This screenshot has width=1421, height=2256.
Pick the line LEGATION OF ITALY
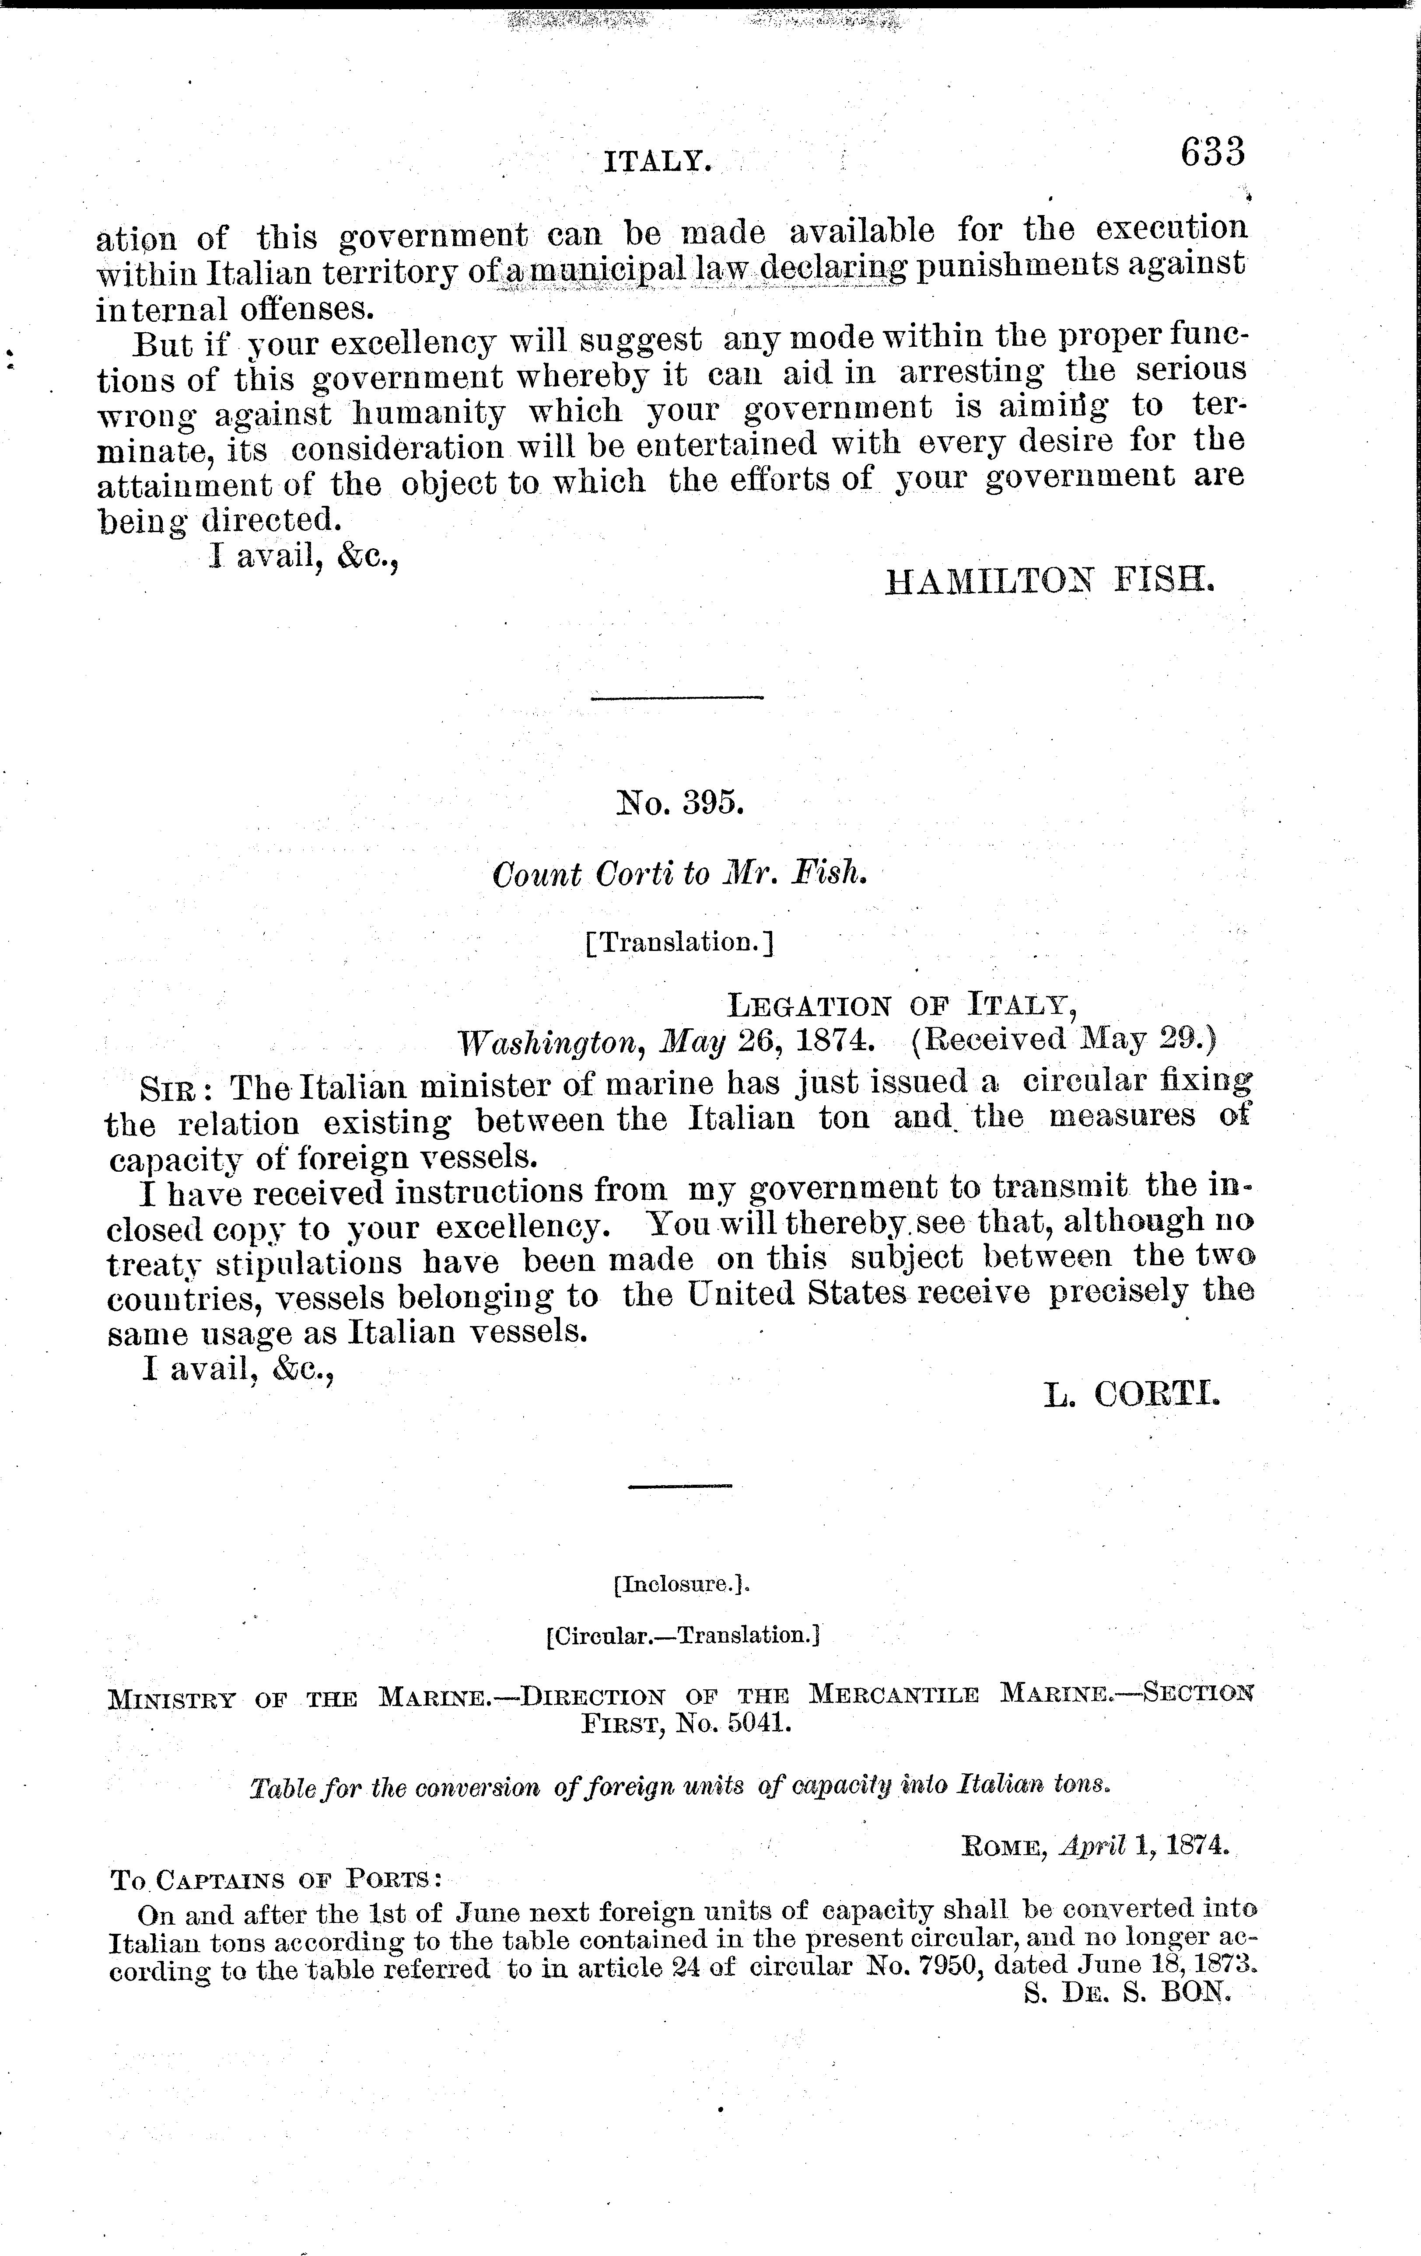(902, 1006)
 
